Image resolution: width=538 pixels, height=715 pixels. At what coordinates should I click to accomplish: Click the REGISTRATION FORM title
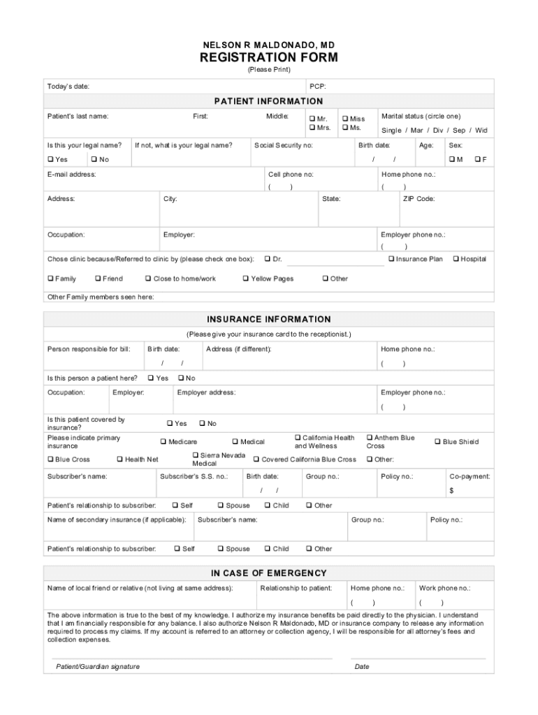pyautogui.click(x=269, y=57)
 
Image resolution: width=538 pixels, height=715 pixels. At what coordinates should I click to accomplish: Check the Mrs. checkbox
pyautogui.click(x=312, y=128)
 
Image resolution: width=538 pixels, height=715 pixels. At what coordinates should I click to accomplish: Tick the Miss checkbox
pyautogui.click(x=345, y=119)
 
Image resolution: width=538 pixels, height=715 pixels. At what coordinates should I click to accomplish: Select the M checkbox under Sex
pyautogui.click(x=451, y=160)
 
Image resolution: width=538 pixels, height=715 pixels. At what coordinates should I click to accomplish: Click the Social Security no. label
pyautogui.click(x=284, y=145)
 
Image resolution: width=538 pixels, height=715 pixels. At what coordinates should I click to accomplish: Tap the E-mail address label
pyautogui.click(x=71, y=175)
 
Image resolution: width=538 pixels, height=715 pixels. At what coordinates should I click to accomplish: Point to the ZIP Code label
pyautogui.click(x=419, y=199)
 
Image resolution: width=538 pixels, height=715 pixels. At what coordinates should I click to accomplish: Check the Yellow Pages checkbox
pyautogui.click(x=246, y=279)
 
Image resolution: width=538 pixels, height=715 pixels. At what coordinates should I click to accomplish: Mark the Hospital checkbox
pyautogui.click(x=456, y=259)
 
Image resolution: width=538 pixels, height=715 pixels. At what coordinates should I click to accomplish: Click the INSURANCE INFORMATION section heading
pyautogui.click(x=269, y=319)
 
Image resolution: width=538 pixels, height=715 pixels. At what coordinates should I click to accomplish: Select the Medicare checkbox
pyautogui.click(x=163, y=441)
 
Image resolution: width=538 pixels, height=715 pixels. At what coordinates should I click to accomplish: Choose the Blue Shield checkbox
pyautogui.click(x=437, y=441)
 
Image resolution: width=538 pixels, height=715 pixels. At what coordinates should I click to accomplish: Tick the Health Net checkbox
pyautogui.click(x=120, y=459)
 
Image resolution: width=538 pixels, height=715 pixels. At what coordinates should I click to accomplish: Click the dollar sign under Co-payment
pyautogui.click(x=451, y=490)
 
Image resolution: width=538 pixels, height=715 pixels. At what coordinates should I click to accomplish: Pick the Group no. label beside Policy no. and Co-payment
pyautogui.click(x=322, y=476)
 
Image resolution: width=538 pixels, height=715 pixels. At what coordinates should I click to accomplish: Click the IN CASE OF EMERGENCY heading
pyautogui.click(x=269, y=573)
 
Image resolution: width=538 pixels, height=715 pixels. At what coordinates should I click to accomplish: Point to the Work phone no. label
pyautogui.click(x=444, y=588)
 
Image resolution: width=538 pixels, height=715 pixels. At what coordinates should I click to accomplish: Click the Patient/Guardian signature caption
pyautogui.click(x=98, y=666)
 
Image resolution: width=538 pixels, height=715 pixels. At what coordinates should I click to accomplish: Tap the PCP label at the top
pyautogui.click(x=317, y=87)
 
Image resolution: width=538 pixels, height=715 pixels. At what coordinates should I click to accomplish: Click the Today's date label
pyautogui.click(x=68, y=87)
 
